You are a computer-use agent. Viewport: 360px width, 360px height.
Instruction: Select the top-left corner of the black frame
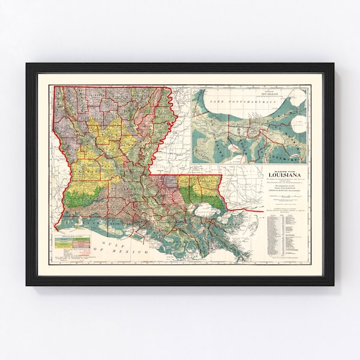tap(28, 64)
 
